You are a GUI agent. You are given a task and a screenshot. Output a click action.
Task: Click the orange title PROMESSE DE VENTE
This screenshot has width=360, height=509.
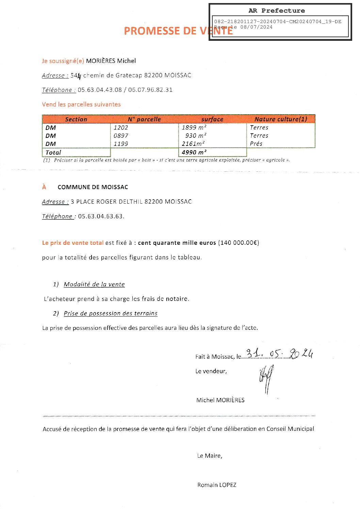(x=178, y=31)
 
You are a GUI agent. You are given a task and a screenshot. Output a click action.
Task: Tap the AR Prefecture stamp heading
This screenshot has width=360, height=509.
(x=276, y=11)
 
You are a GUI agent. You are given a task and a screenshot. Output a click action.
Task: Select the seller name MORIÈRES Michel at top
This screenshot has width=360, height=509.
(x=111, y=61)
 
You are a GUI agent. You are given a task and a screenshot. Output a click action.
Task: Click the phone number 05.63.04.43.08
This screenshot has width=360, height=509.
(x=100, y=90)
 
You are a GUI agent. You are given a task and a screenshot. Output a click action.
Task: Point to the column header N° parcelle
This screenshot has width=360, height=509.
(x=144, y=119)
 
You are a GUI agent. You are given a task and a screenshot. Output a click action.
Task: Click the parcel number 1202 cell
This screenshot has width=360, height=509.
(x=121, y=128)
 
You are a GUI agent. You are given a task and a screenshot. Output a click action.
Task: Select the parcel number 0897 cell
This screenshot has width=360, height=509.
(x=121, y=136)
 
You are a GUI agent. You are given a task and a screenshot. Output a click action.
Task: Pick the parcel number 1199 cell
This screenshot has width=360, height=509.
(x=121, y=144)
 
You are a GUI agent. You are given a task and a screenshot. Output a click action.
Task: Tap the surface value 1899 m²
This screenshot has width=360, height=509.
(x=194, y=128)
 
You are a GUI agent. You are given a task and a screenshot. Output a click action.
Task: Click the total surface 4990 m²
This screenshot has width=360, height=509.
(x=194, y=152)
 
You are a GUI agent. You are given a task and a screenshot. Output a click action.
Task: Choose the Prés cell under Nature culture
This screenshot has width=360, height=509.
(x=256, y=144)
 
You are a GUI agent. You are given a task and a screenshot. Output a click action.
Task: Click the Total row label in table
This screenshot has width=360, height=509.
(x=53, y=153)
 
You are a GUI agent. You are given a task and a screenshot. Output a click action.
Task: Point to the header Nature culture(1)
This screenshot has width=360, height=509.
(x=281, y=119)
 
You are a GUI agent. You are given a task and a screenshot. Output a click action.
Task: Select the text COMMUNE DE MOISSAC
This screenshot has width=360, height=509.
(x=93, y=187)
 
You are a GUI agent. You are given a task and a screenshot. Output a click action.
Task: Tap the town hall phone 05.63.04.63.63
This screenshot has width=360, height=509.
(x=101, y=216)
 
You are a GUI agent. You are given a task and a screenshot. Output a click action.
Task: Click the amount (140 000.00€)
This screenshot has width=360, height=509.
(x=239, y=243)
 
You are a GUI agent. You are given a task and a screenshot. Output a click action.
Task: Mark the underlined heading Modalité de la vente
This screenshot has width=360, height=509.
(x=94, y=284)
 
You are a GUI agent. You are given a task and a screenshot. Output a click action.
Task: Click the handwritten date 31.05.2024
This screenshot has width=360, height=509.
(x=279, y=354)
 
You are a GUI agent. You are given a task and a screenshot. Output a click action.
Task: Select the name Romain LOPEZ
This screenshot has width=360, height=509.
(x=217, y=485)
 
